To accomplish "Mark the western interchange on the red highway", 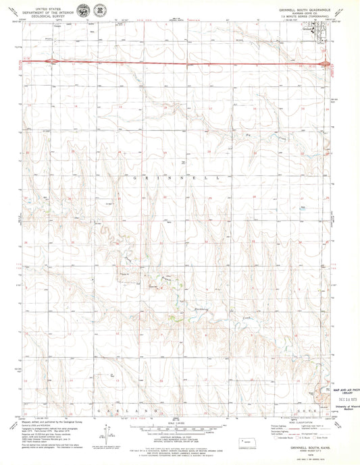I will (48, 61).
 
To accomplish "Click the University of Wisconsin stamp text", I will (342, 406).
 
